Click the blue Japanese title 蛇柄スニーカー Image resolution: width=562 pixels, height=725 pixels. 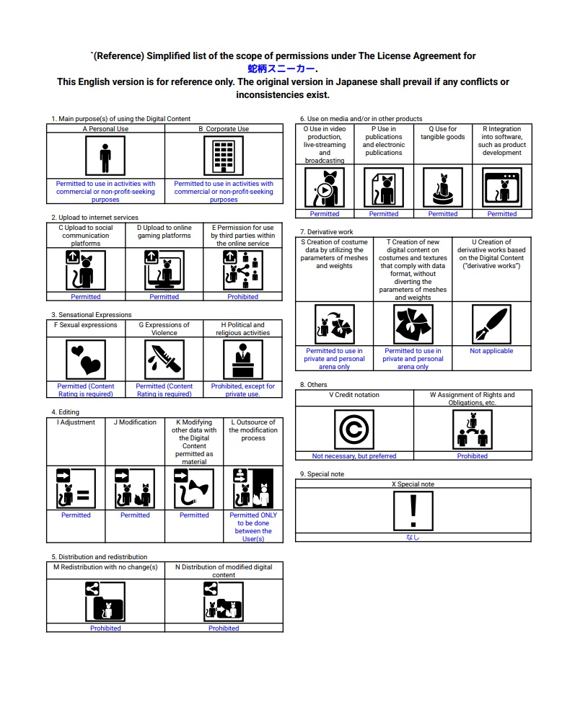(281, 68)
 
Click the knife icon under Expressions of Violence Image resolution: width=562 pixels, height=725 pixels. (164, 358)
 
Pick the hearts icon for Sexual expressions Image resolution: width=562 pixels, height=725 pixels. (86, 358)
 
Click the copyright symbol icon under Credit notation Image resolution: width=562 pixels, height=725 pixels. (354, 430)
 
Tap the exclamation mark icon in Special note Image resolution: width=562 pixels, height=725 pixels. (413, 510)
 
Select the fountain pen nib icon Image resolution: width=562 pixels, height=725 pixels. (491, 324)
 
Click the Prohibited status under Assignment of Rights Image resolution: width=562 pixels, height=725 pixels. (473, 456)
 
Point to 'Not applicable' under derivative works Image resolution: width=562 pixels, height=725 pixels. (491, 351)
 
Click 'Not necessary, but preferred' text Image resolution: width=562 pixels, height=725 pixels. (354, 456)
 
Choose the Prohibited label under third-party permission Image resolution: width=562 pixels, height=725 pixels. (242, 297)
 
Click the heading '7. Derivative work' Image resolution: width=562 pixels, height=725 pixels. (327, 232)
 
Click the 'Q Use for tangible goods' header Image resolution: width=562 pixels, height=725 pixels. (443, 133)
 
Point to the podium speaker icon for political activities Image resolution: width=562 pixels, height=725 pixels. (242, 358)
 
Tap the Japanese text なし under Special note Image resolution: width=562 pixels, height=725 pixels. (413, 537)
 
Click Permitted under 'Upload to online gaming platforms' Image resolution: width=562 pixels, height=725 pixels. (164, 297)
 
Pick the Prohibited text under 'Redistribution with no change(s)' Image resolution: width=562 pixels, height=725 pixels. (105, 628)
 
